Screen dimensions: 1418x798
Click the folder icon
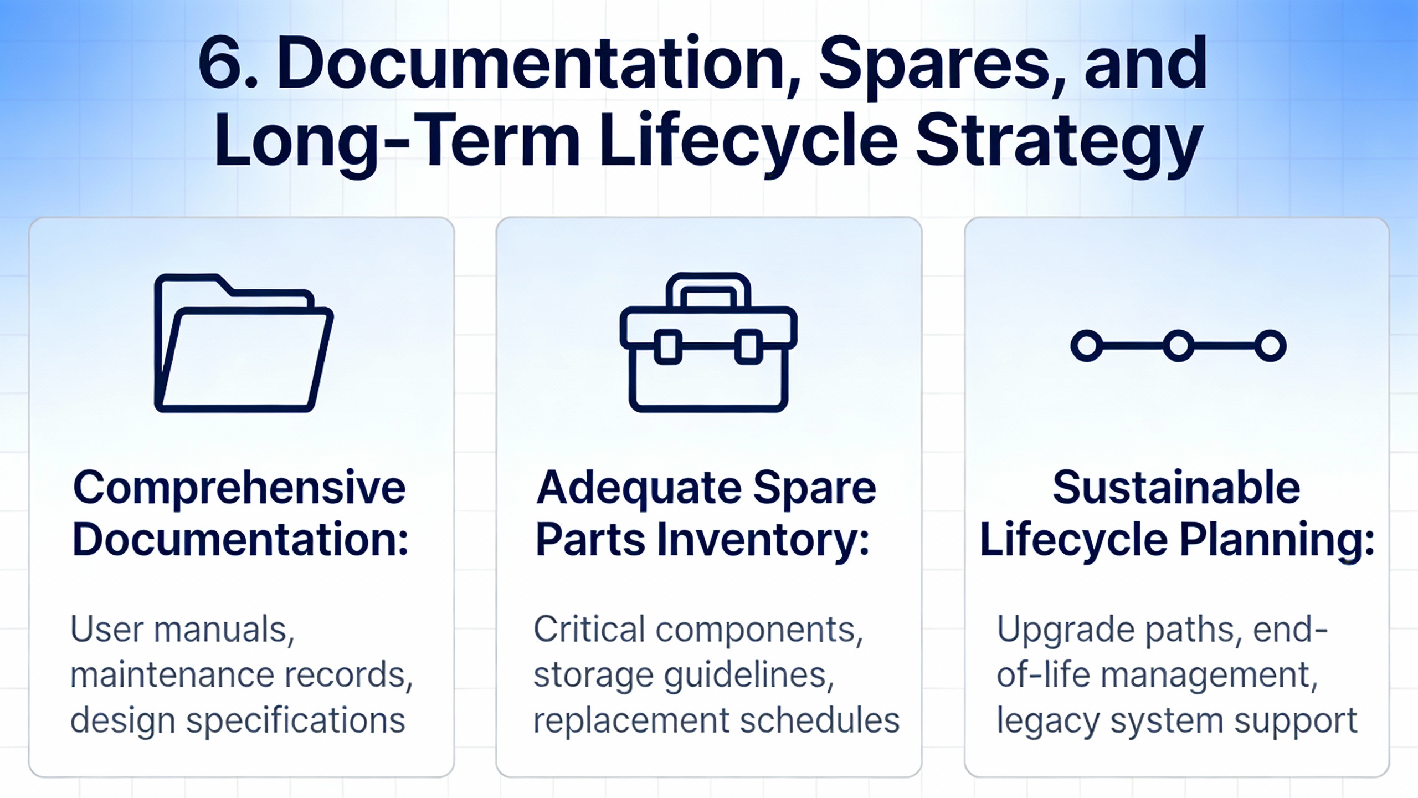point(244,342)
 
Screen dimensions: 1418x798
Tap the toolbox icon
point(708,342)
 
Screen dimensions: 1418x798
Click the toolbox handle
point(708,289)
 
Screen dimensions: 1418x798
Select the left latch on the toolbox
point(668,347)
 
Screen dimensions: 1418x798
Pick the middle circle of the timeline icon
point(1178,346)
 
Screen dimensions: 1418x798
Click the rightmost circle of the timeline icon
point(1270,346)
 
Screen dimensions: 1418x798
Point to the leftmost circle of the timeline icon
point(1087,346)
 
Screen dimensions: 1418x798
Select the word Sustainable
point(1176,487)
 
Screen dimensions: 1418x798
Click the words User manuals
point(182,630)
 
